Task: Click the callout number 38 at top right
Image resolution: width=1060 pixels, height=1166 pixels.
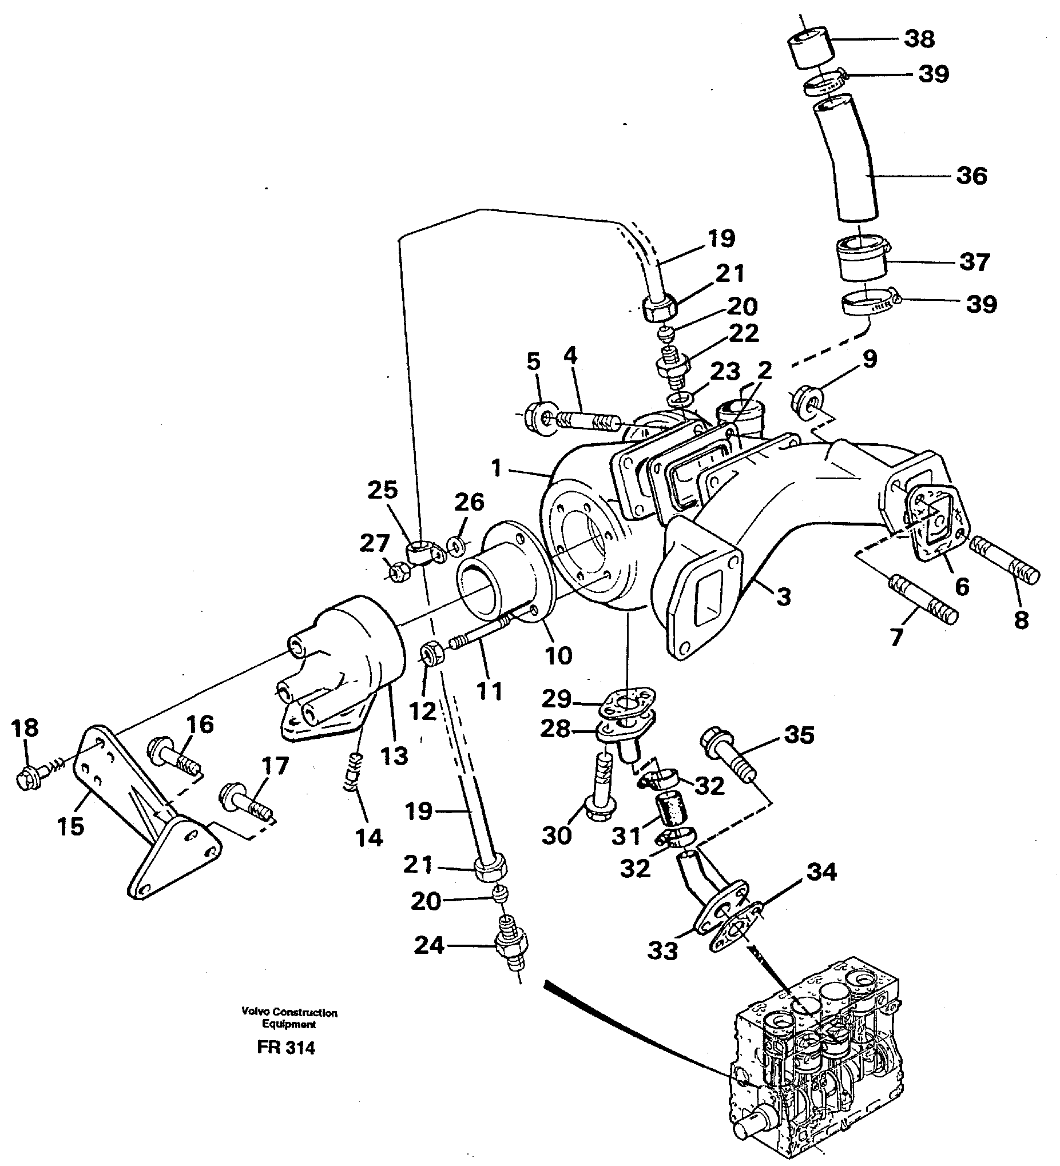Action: point(919,39)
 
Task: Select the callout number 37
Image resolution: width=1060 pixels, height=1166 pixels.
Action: point(974,262)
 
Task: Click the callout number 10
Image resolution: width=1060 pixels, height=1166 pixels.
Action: point(558,655)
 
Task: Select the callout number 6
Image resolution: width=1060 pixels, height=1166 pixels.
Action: point(962,587)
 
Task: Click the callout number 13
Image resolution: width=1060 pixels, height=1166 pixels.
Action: point(395,755)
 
